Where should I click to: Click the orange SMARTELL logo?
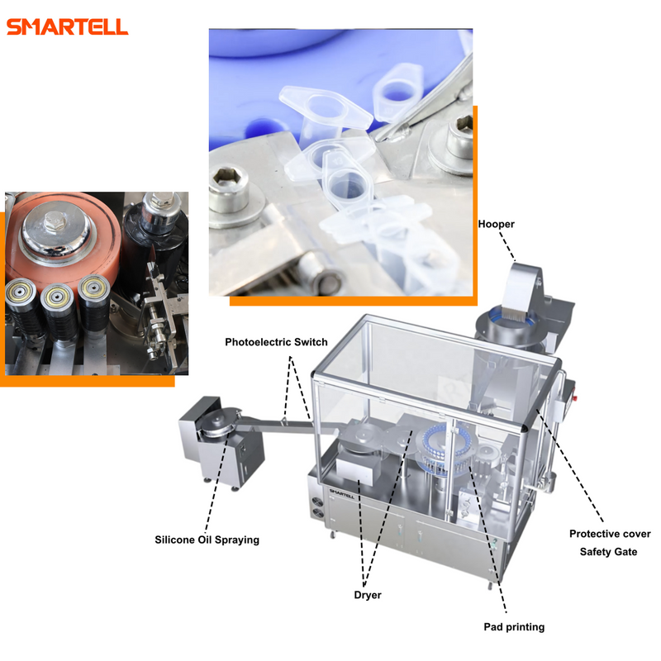(68, 26)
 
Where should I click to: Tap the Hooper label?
(497, 224)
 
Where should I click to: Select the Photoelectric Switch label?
(276, 342)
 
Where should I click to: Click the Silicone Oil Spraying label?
(207, 540)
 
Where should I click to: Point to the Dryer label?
(368, 595)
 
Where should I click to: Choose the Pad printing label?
(514, 627)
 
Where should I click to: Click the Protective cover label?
(610, 534)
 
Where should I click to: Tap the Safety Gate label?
(608, 552)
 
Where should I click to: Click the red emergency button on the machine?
(575, 397)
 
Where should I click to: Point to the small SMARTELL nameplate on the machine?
(341, 493)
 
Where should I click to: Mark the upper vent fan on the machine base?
(317, 502)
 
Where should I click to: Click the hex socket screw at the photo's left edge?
(231, 189)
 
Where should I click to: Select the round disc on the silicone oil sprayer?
(219, 420)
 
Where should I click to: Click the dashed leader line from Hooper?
(507, 245)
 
